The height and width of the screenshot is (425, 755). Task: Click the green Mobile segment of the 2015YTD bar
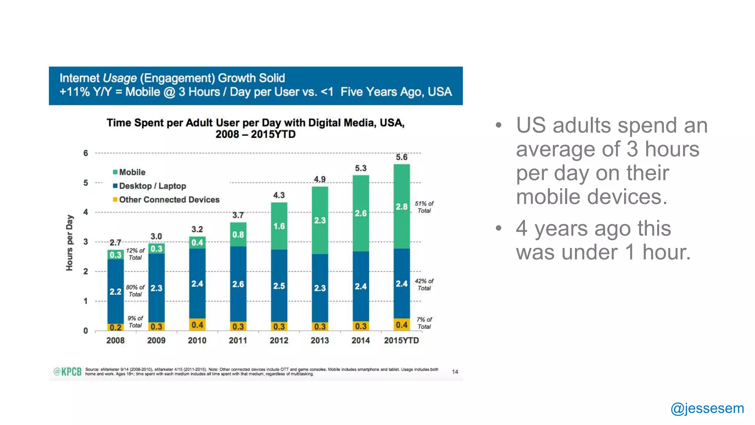[x=401, y=206]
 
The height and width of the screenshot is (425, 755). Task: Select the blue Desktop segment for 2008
[x=115, y=291]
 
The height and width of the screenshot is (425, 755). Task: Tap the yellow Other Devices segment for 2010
[x=197, y=325]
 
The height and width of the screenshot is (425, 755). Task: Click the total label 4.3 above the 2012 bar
[x=279, y=195]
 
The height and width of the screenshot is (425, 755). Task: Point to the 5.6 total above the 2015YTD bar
[x=401, y=157]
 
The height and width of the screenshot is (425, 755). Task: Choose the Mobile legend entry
[x=129, y=172]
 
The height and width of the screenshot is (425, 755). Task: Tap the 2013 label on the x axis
[x=320, y=341]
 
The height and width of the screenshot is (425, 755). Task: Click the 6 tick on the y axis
[x=86, y=153]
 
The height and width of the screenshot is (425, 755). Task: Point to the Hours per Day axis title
[x=69, y=242]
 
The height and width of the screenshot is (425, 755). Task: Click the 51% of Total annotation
[x=424, y=207]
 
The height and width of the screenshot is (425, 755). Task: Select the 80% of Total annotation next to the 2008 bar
[x=135, y=291]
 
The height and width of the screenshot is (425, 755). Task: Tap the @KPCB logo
[x=67, y=372]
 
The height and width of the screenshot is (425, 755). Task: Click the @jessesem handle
[x=707, y=408]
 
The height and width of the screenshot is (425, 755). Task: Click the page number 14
[x=455, y=372]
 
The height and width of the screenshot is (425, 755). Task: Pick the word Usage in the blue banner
[x=119, y=78]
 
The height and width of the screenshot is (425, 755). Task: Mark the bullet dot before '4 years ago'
[x=498, y=228]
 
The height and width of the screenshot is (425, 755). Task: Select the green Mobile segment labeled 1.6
[x=279, y=226]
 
